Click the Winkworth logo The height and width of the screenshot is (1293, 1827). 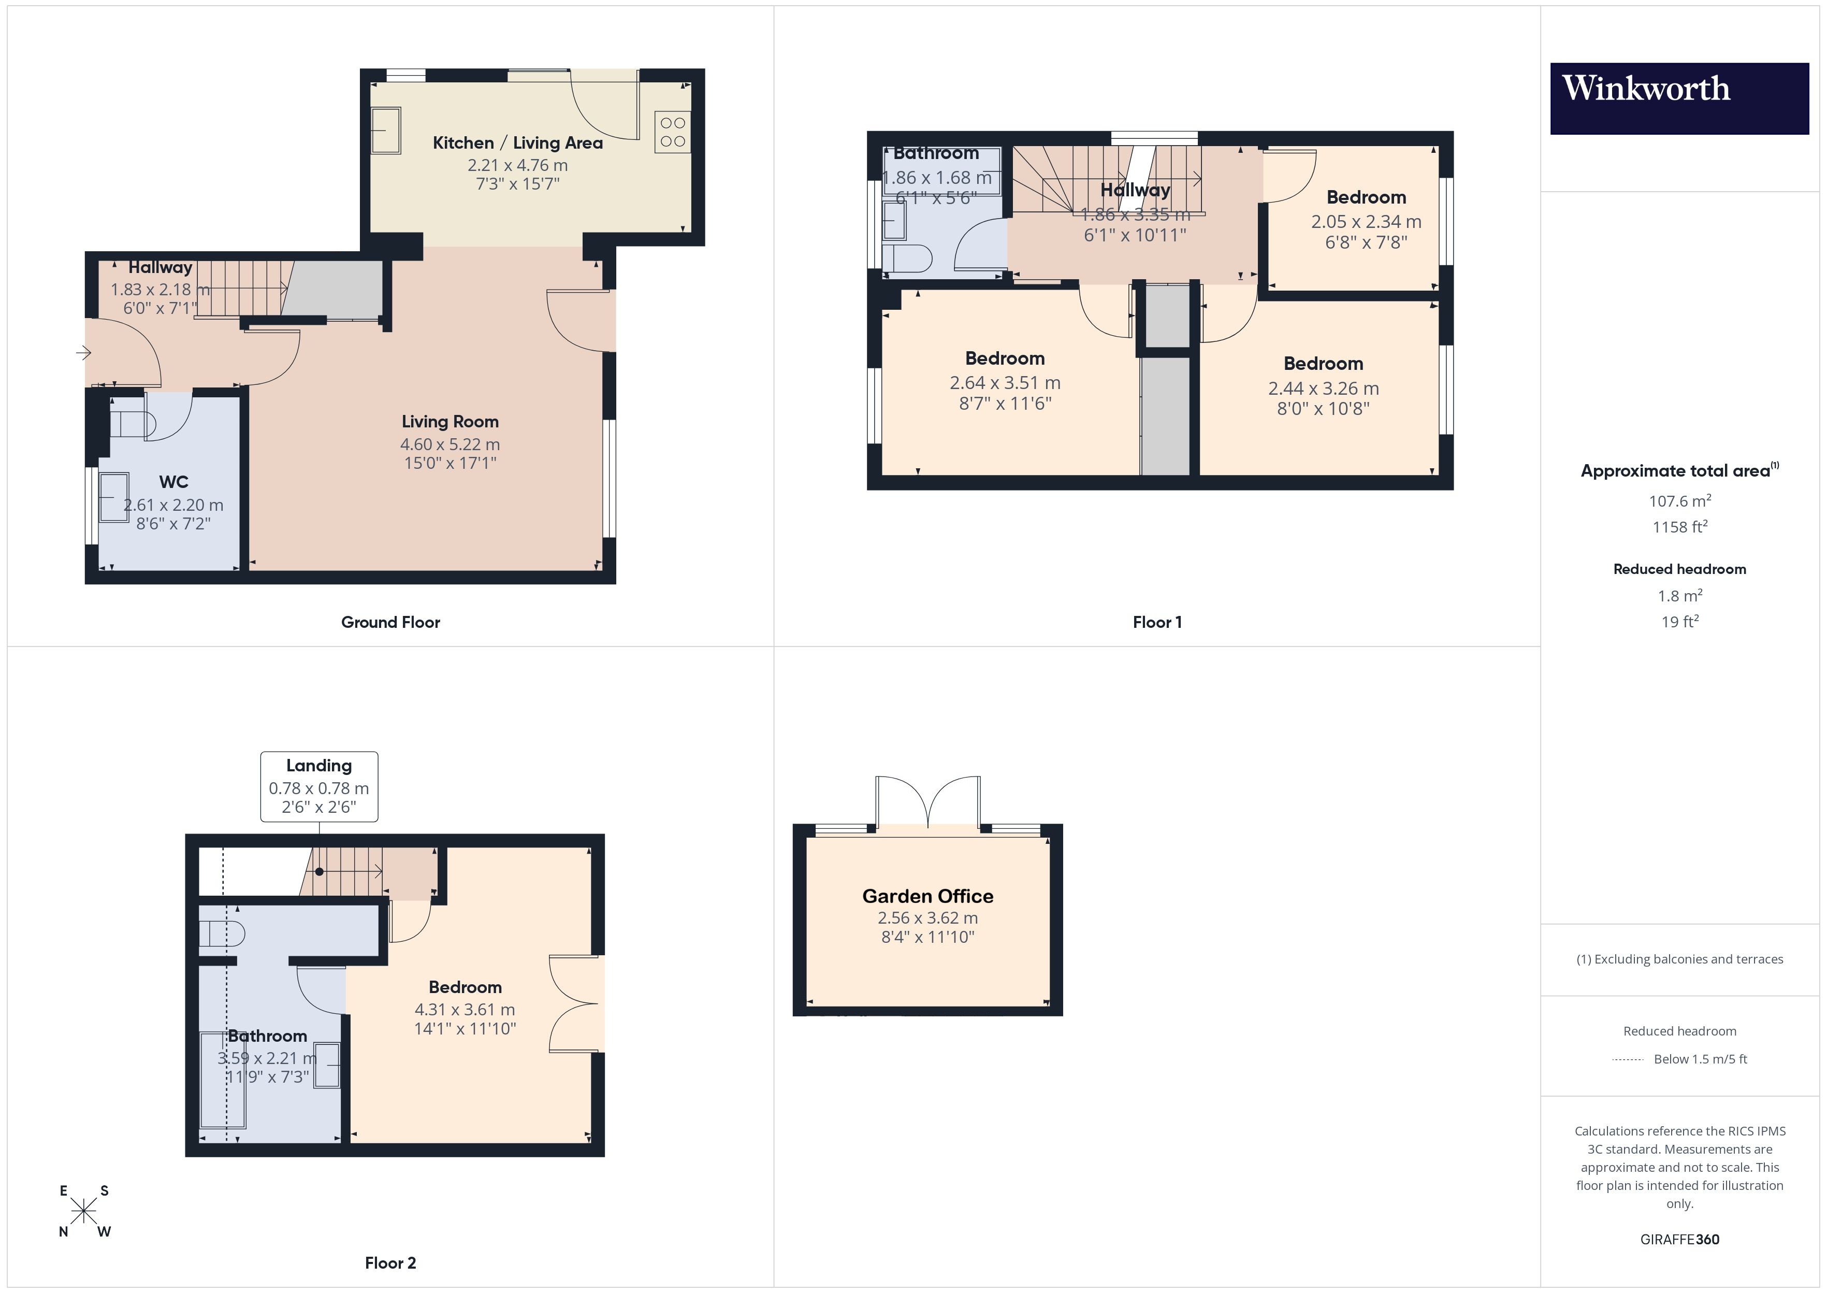1679,98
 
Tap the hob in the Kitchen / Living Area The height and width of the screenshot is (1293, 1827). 672,132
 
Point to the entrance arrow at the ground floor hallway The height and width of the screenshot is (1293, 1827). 83,352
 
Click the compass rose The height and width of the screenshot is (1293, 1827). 83,1212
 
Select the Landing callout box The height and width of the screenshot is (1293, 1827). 319,787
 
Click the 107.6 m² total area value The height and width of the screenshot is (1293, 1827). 1679,501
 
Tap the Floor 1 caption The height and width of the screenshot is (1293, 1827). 1157,623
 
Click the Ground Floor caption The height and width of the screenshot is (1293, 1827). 390,623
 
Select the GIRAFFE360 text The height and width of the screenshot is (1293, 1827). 1679,1240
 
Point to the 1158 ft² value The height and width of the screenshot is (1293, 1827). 1679,527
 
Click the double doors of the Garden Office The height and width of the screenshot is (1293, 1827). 928,804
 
